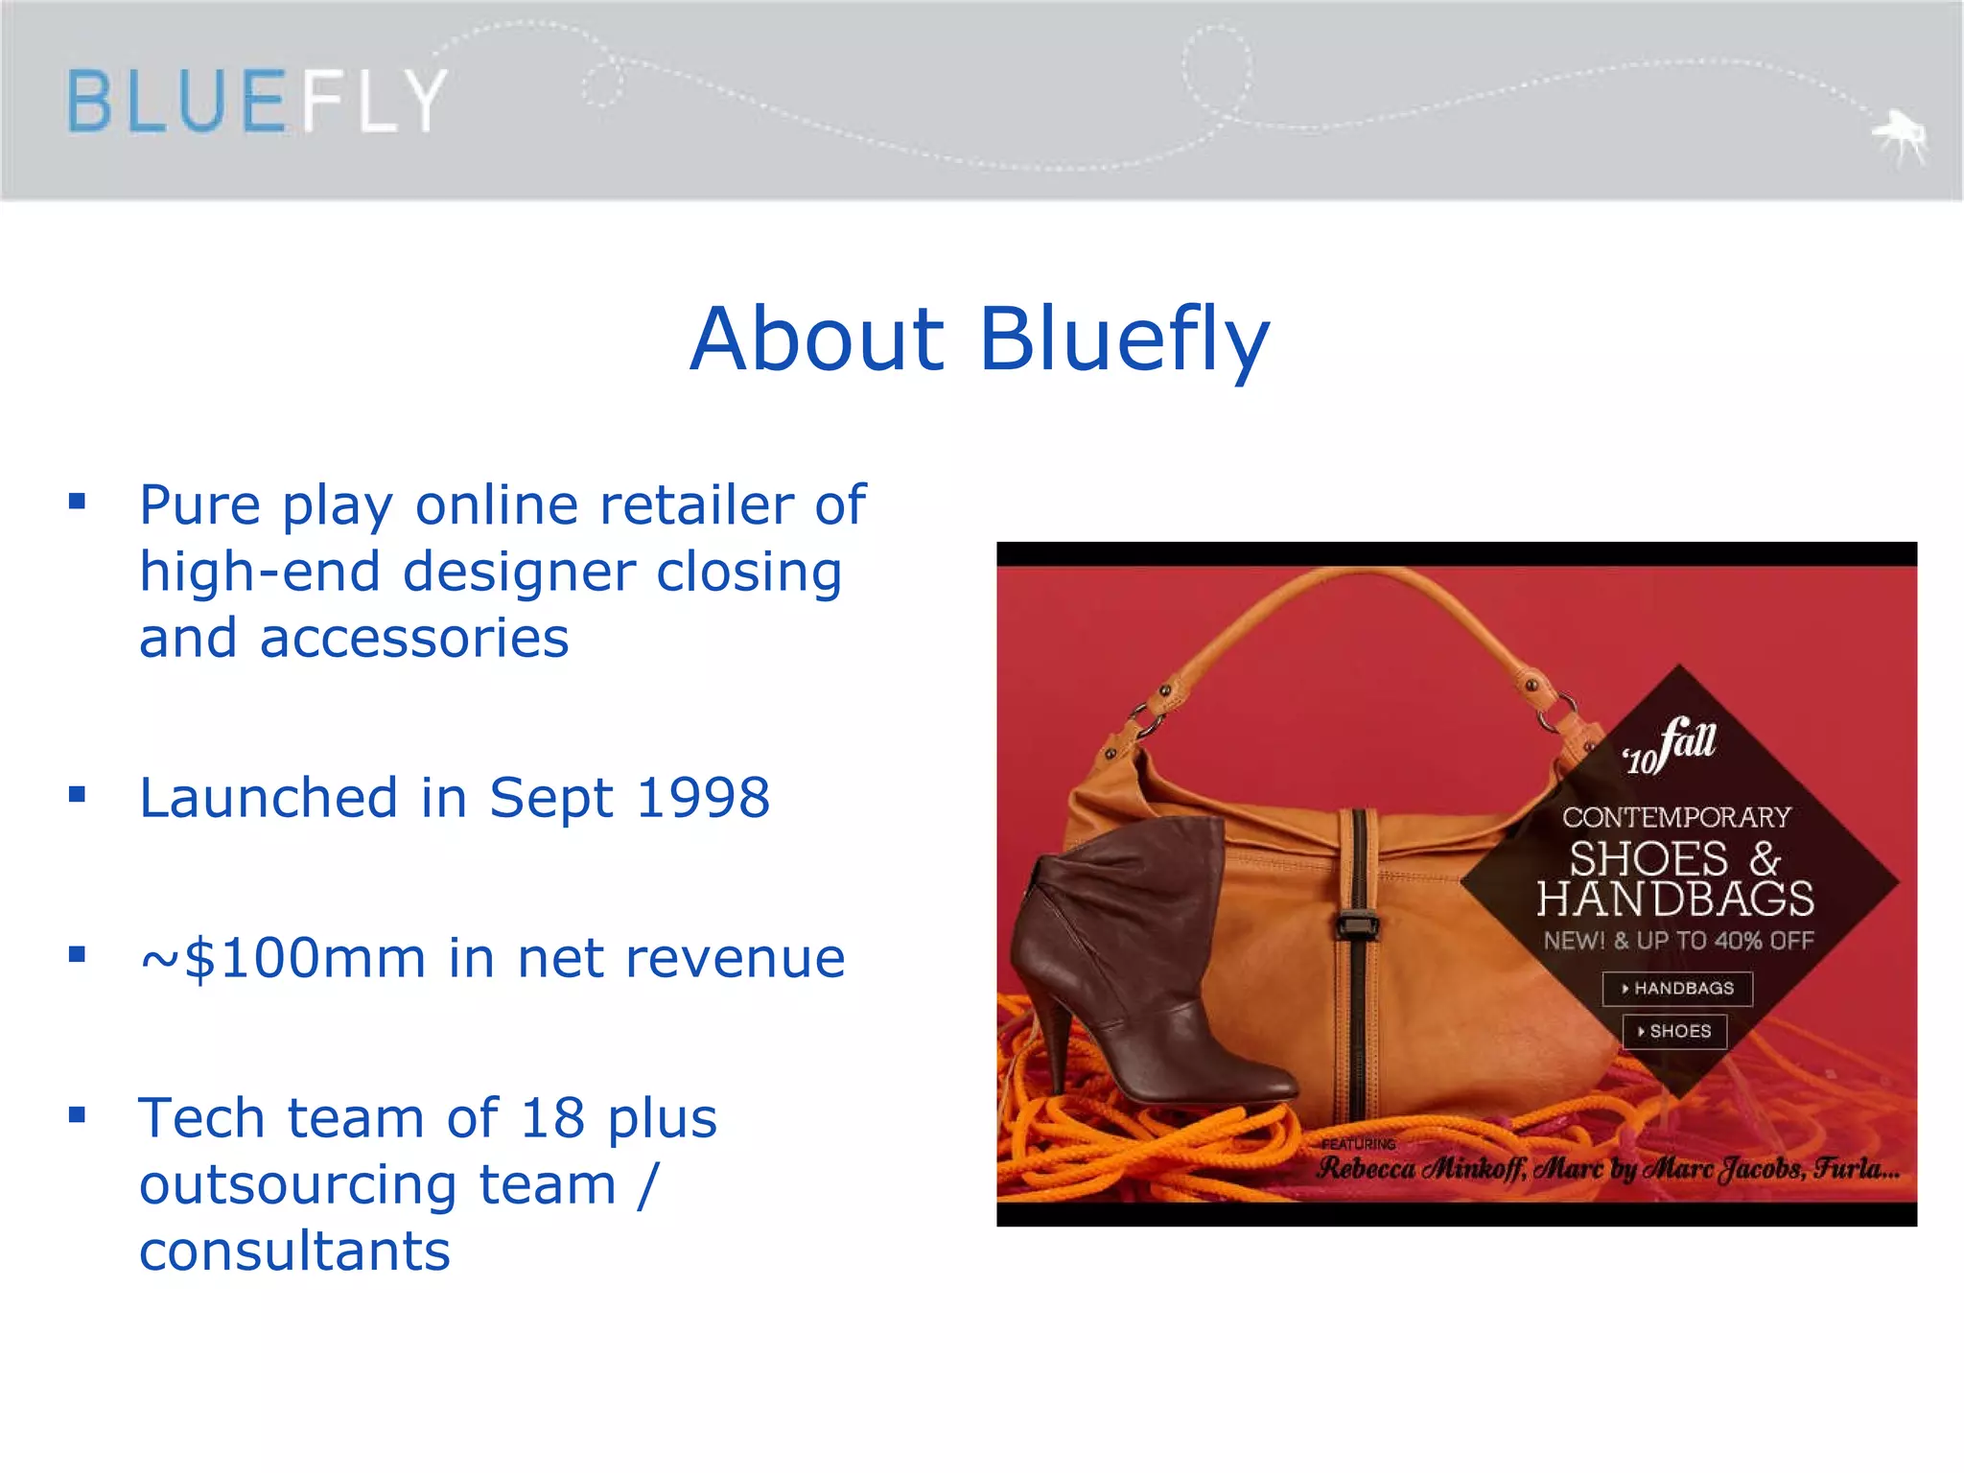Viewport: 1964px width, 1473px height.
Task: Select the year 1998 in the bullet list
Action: [703, 798]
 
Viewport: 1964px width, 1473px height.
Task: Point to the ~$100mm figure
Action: [283, 958]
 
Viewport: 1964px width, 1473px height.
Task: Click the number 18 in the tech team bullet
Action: [552, 1118]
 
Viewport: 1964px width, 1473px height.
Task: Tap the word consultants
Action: [294, 1251]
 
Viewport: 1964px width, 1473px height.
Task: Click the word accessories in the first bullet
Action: [414, 639]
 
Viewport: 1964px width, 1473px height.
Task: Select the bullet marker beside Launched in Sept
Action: [78, 794]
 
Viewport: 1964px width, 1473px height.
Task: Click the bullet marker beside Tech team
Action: [78, 1114]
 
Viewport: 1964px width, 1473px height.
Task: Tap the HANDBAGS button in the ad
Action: [1677, 989]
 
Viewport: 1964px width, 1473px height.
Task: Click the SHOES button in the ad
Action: [1674, 1032]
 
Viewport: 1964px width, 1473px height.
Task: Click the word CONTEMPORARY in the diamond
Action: [1676, 817]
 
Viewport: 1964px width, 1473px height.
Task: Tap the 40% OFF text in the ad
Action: [1765, 941]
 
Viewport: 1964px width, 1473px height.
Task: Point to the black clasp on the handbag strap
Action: [1357, 925]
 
